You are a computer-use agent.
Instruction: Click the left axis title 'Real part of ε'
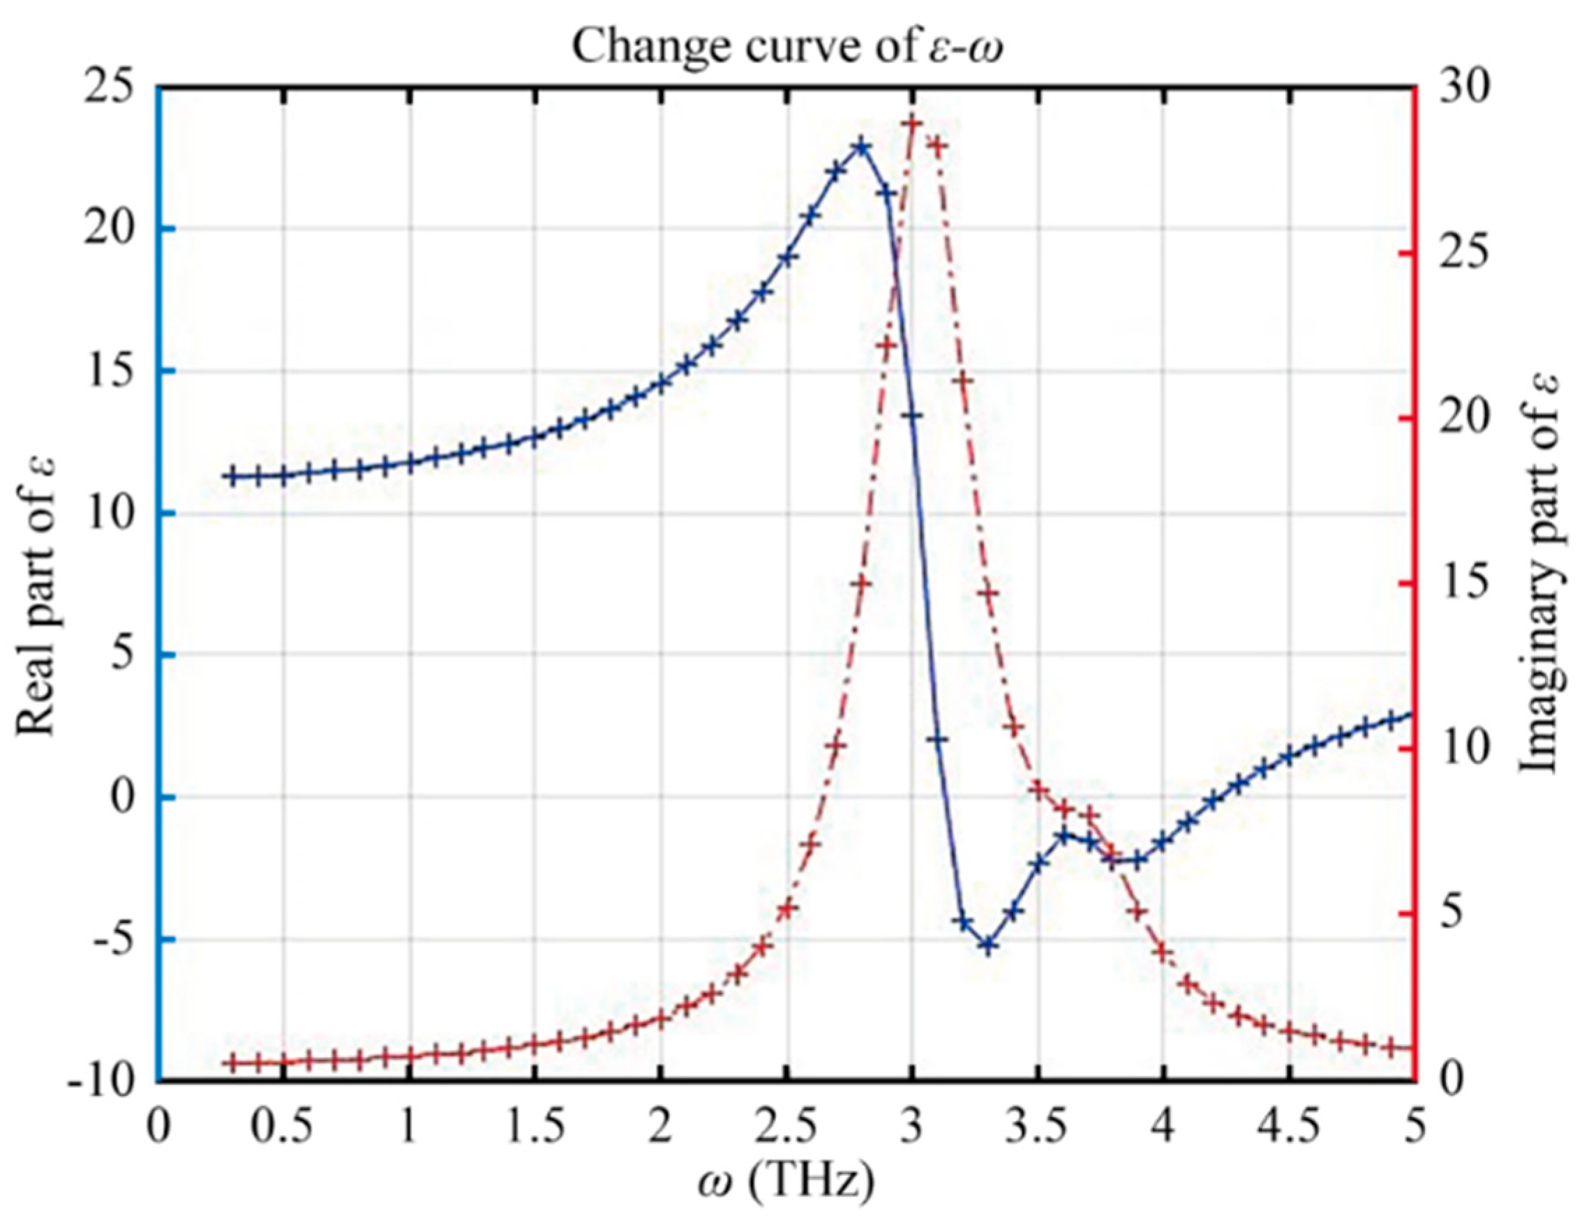pyautogui.click(x=36, y=593)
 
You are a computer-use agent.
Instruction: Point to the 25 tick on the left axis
pyautogui.click(x=109, y=89)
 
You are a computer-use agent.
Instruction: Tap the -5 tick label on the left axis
pyautogui.click(x=109, y=940)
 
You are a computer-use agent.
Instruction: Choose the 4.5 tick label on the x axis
pyautogui.click(x=1289, y=1128)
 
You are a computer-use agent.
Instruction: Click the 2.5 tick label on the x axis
pyautogui.click(x=786, y=1128)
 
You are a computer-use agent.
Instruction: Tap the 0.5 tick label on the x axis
pyautogui.click(x=283, y=1128)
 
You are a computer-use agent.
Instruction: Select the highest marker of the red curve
pyautogui.click(x=911, y=123)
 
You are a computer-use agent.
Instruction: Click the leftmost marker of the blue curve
pyautogui.click(x=232, y=477)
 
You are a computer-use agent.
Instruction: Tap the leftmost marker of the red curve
pyautogui.click(x=232, y=1063)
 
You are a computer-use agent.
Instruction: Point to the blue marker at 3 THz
pyautogui.click(x=911, y=416)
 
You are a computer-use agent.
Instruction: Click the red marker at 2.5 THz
pyautogui.click(x=786, y=909)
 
